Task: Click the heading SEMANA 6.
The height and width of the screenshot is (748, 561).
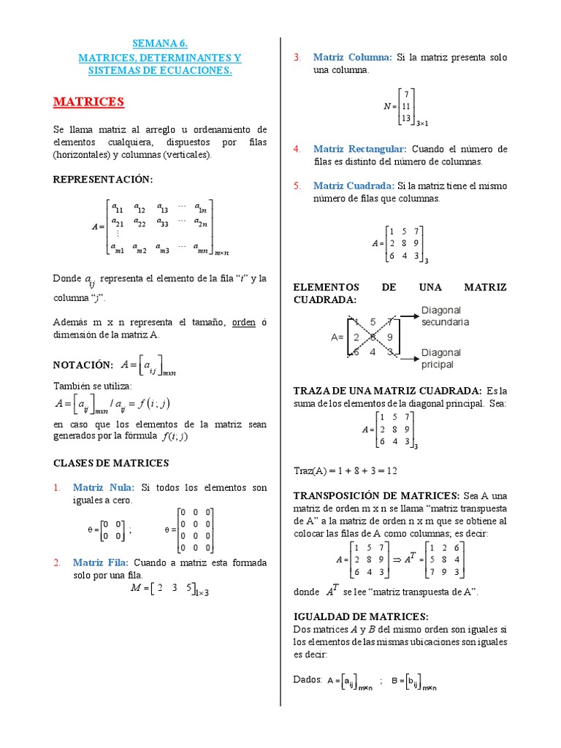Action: coord(159,43)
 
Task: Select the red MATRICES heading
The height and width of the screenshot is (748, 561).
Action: coord(88,102)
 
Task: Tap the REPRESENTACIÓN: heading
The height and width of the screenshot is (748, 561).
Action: coord(103,180)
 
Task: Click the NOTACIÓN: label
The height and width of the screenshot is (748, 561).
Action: coord(83,365)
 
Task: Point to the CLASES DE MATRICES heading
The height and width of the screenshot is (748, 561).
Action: coord(111,463)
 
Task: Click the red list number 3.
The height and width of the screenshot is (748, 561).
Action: coord(297,57)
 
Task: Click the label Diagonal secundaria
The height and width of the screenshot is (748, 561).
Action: coord(445,316)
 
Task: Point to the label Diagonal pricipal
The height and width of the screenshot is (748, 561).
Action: coord(440,358)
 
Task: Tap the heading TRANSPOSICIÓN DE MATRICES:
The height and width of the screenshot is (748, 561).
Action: coord(376,495)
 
